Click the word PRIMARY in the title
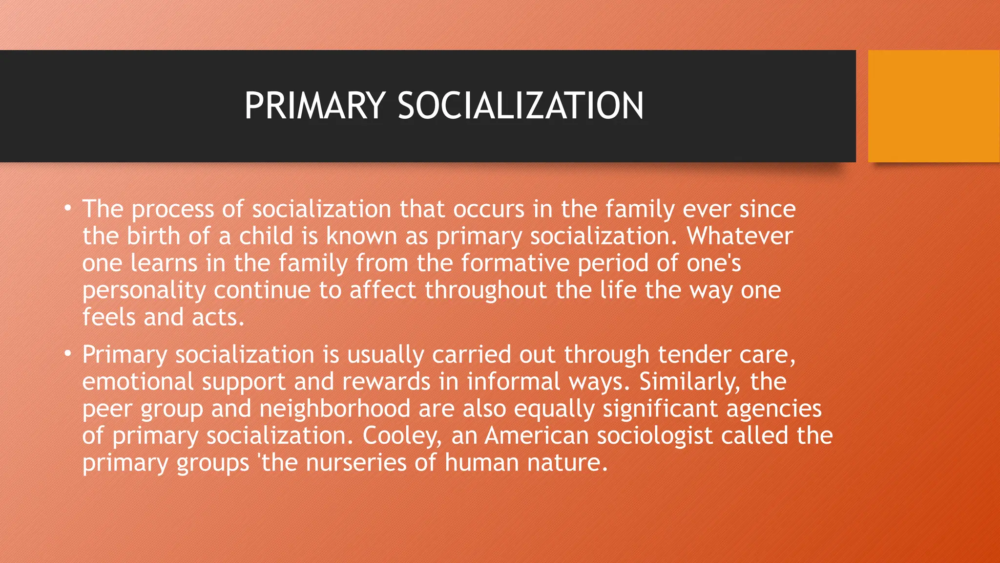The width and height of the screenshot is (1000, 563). [x=315, y=106]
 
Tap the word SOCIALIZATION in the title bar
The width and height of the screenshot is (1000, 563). [x=521, y=106]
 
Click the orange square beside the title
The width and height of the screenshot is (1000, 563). [x=934, y=106]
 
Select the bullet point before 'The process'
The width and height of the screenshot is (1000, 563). [x=68, y=209]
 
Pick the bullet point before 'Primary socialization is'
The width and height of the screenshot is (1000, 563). [x=68, y=354]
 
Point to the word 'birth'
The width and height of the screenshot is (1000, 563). [x=153, y=236]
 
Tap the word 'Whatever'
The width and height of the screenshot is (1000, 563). [x=739, y=236]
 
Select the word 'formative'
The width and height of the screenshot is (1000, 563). [x=515, y=263]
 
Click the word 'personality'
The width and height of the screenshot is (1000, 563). [x=144, y=290]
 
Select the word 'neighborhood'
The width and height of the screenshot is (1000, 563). [x=335, y=409]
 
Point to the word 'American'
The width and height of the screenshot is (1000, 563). [x=537, y=435]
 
